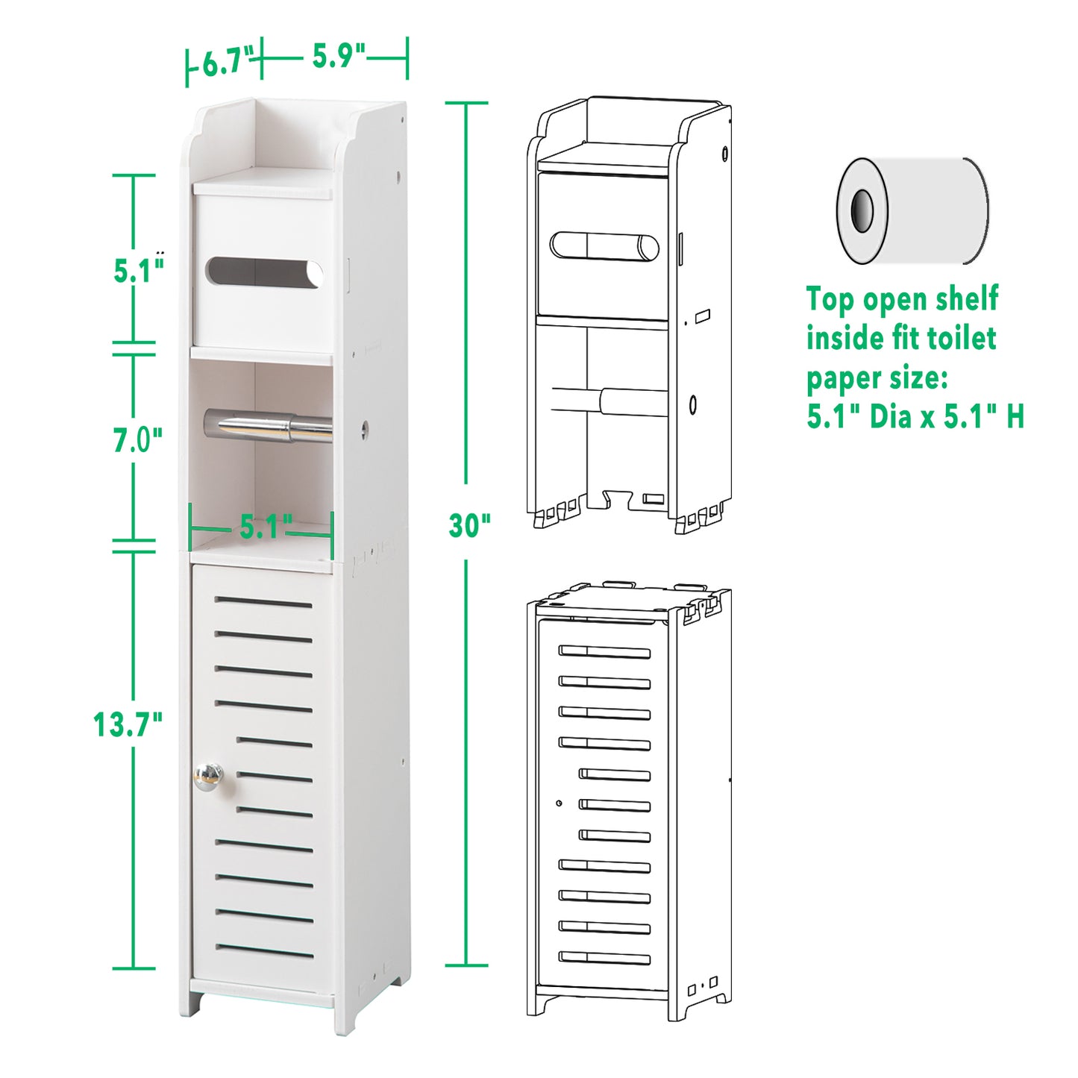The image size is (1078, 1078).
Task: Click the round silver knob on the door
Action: pos(208,777)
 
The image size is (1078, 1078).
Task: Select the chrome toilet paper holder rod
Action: pos(268,426)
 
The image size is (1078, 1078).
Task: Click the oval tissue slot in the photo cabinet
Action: pos(264,272)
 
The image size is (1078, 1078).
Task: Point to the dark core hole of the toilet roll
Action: pos(862,211)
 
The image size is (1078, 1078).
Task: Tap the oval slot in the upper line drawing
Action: pos(604,247)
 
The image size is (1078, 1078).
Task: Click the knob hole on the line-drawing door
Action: pos(559,803)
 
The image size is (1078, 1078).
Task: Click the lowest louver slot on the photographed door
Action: pos(265,951)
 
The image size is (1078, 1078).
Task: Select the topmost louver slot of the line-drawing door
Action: pos(604,651)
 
